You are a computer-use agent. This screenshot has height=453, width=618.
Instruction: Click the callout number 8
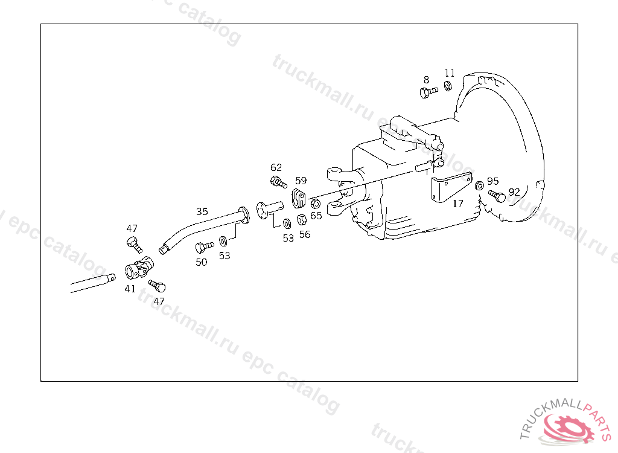pos(426,80)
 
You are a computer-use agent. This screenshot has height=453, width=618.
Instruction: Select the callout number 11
pos(450,73)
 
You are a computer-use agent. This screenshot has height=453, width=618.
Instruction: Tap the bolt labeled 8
pos(427,92)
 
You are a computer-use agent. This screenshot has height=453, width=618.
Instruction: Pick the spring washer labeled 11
pos(448,87)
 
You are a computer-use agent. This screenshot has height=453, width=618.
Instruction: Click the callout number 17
pos(458,204)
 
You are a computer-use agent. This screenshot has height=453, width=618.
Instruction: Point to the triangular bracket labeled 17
pos(447,186)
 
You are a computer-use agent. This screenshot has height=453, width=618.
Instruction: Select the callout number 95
pos(493,181)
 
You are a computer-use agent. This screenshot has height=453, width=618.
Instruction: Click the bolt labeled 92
pos(497,196)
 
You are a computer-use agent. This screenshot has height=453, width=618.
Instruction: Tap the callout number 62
pos(276,167)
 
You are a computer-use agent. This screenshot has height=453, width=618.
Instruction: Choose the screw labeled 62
pos(278,181)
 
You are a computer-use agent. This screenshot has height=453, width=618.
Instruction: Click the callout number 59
pos(301,180)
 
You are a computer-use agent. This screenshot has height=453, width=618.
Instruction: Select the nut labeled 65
pos(315,203)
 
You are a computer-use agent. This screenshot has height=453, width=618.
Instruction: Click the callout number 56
pos(305,234)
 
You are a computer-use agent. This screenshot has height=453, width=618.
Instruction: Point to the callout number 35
pos(202,211)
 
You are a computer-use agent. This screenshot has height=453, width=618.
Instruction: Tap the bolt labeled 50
pos(203,246)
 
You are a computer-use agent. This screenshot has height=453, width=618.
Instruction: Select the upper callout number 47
pos(132,228)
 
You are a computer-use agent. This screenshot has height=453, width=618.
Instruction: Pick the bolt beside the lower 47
pos(158,286)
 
